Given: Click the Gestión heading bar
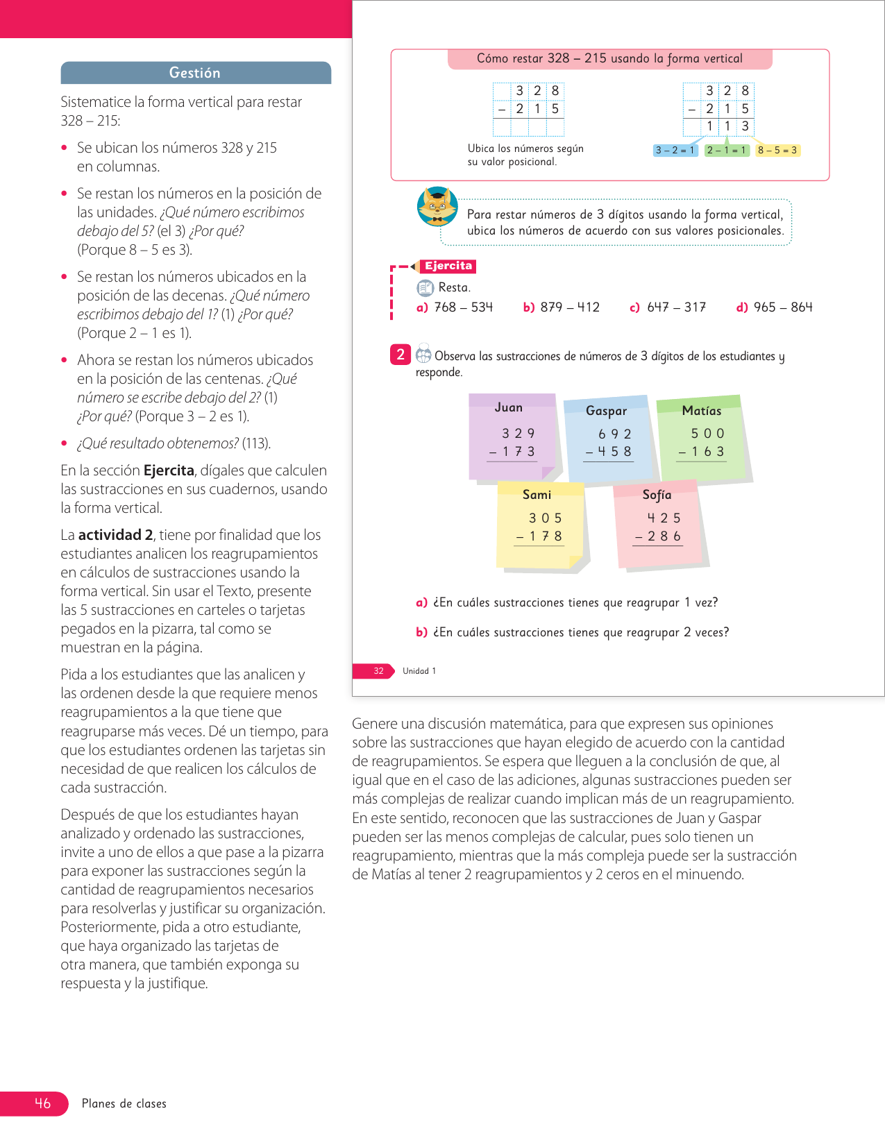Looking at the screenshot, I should [195, 73].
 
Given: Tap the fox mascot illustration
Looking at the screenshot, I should [437, 206].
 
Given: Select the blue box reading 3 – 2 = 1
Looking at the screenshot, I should [675, 151].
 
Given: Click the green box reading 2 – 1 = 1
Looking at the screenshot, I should [726, 151].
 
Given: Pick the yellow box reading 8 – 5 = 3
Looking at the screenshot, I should [777, 151].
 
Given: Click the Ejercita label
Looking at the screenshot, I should [448, 266].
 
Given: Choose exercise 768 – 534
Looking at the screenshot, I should [463, 307].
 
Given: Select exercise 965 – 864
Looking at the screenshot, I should [782, 307].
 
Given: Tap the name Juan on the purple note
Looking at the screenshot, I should [509, 407].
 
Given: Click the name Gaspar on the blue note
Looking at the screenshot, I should [606, 411].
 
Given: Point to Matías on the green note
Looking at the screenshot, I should [702, 411].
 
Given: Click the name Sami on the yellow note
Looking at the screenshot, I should [537, 495].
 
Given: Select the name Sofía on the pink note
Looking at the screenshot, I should [657, 495].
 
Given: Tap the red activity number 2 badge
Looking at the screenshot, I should [401, 355].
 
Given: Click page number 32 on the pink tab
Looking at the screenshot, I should [378, 671].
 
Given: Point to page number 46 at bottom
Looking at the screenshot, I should [42, 1103].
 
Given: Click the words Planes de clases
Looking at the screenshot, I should [124, 1103].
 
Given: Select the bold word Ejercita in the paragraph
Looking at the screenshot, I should [169, 470].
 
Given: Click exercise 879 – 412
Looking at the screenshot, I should [569, 307].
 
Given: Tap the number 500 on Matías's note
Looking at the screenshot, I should [707, 434].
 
